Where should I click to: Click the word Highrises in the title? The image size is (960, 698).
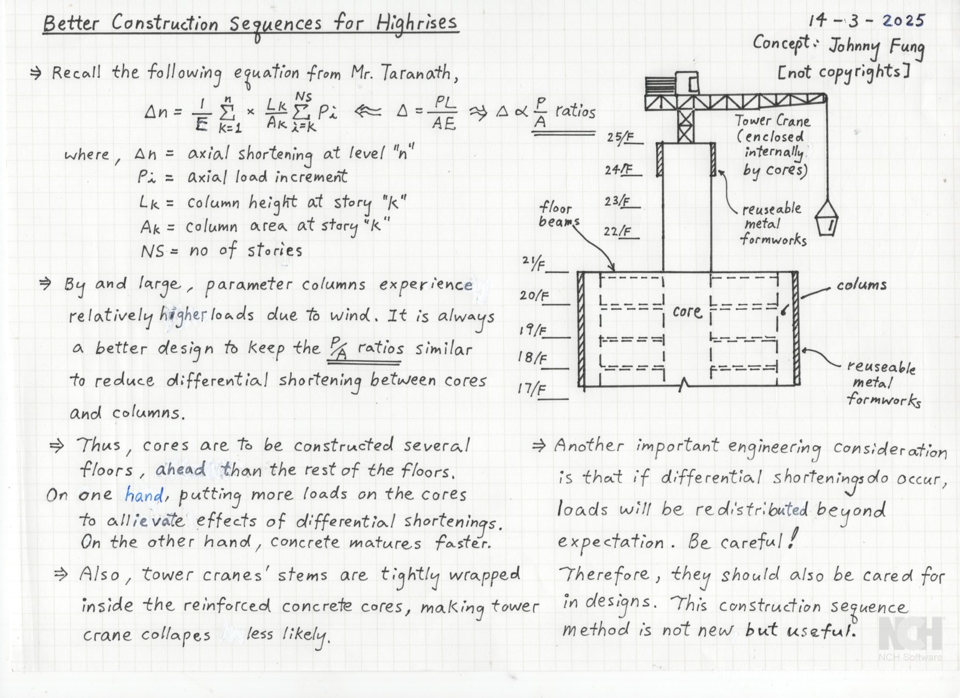417,24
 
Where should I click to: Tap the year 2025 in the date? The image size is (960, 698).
903,21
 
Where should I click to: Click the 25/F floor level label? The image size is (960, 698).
618,137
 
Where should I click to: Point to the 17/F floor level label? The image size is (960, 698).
531,389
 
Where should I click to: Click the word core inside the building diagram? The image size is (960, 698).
687,311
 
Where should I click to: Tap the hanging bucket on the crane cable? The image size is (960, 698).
826,219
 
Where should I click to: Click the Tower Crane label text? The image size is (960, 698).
772,120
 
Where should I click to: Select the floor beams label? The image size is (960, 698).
558,215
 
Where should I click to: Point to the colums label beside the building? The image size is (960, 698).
861,285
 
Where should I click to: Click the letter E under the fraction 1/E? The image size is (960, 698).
201,125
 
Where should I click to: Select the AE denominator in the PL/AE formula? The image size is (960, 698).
443,124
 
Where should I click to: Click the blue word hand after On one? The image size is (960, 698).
143,495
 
